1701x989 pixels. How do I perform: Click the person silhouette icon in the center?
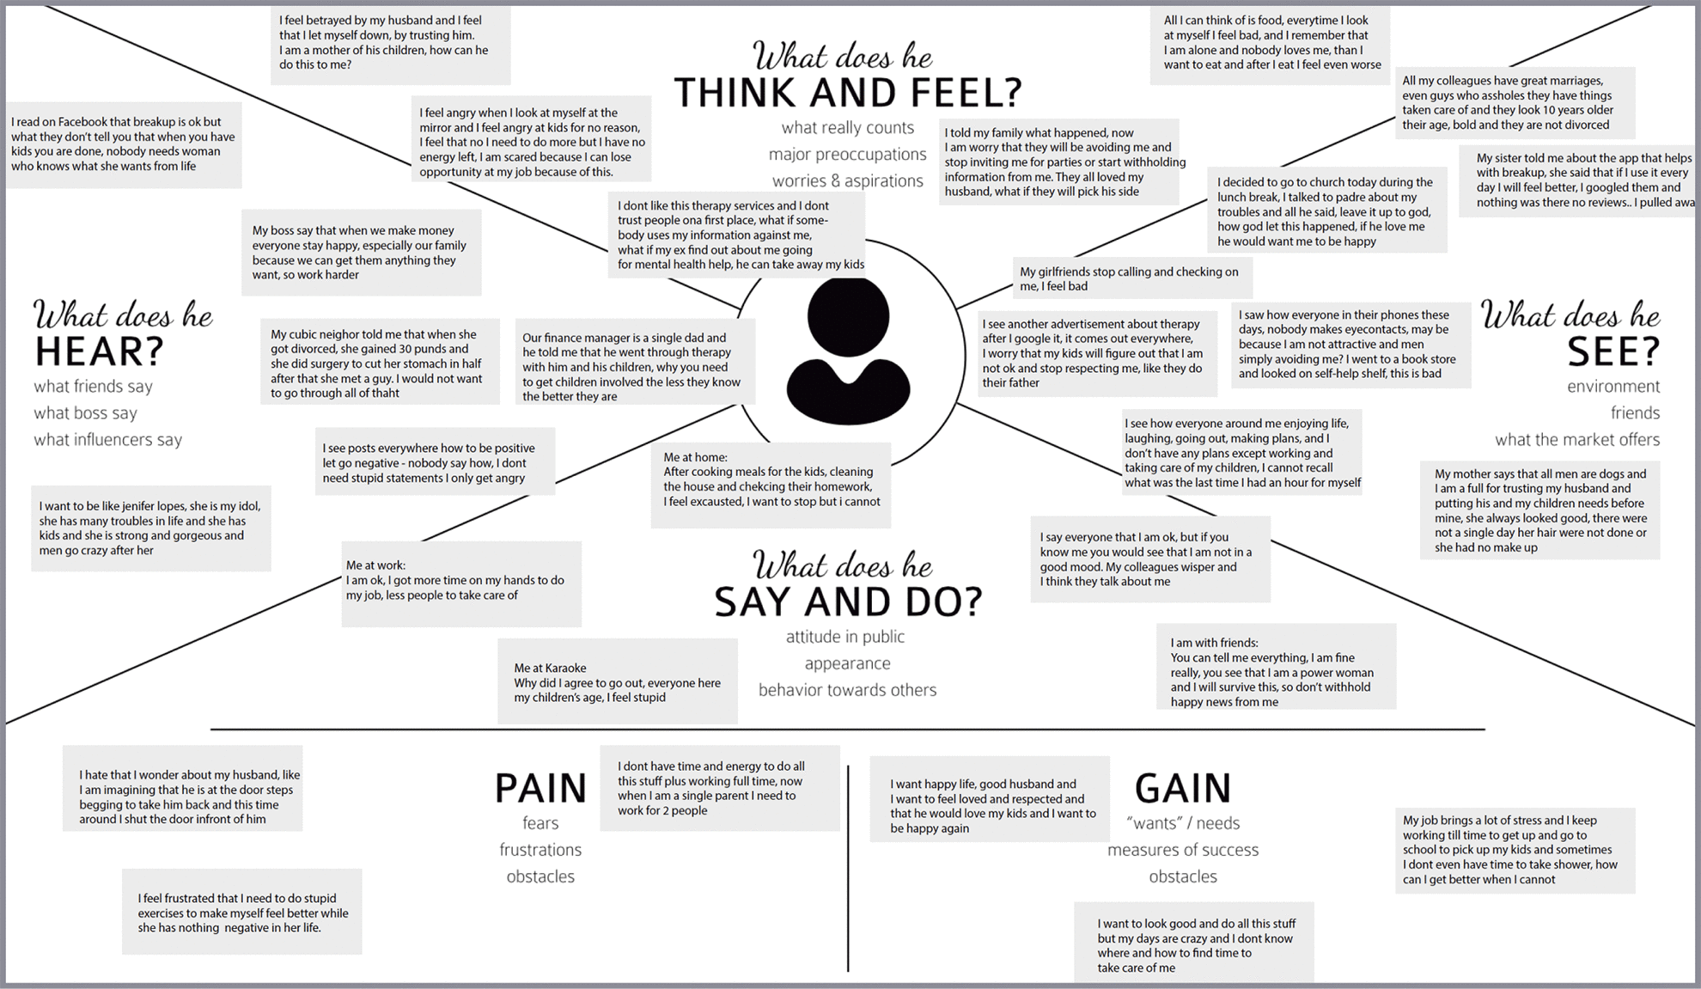(x=848, y=352)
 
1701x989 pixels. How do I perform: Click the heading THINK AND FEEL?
(x=847, y=93)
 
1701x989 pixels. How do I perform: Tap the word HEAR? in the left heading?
(x=99, y=351)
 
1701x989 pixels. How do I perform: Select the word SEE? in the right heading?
(x=1613, y=351)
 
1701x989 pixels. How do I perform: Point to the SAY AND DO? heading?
(x=847, y=601)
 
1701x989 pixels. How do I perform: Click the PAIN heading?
(x=540, y=788)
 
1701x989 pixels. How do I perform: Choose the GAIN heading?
(x=1182, y=788)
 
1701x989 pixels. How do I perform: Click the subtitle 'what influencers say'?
(x=108, y=440)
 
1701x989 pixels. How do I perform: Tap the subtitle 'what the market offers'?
(x=1576, y=440)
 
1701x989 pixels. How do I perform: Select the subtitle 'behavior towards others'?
(x=847, y=690)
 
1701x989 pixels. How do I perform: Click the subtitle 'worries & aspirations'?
(x=847, y=181)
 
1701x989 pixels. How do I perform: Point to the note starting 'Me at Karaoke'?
(x=617, y=682)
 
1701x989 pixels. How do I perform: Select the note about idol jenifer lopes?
(x=151, y=528)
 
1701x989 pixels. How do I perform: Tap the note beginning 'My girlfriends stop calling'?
(x=1131, y=278)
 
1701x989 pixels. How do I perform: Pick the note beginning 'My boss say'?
(x=361, y=253)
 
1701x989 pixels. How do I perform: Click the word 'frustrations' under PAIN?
(x=540, y=850)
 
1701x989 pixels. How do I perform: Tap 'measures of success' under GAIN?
(x=1182, y=850)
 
